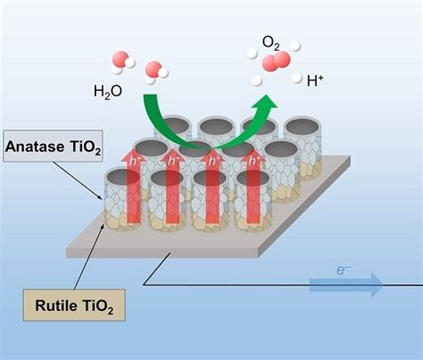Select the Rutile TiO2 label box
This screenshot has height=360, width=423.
click(x=72, y=308)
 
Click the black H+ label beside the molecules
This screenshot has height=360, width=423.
click(x=314, y=81)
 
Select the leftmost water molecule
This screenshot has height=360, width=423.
click(x=123, y=61)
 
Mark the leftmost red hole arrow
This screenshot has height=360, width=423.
click(x=121, y=192)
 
